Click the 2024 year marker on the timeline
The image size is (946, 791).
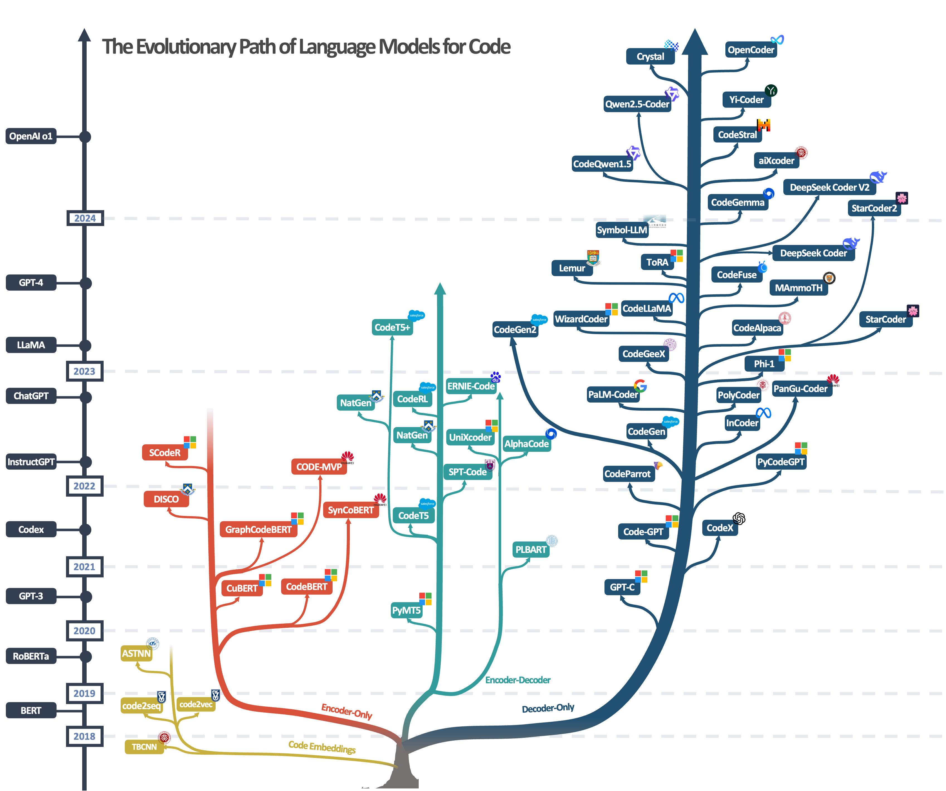pyautogui.click(x=85, y=218)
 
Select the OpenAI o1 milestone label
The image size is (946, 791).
pyautogui.click(x=31, y=136)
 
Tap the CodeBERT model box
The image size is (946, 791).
pyautogui.click(x=306, y=587)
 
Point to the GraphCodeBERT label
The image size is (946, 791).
pyautogui.click(x=258, y=530)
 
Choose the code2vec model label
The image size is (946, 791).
pyautogui.click(x=196, y=704)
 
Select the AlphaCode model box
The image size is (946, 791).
pyautogui.click(x=526, y=444)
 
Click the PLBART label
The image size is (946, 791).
pyautogui.click(x=531, y=550)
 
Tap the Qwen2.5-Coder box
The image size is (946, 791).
pyautogui.click(x=637, y=104)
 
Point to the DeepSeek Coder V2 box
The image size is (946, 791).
pyautogui.click(x=829, y=187)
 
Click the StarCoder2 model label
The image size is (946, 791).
pyautogui.click(x=874, y=208)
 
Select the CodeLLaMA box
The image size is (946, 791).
pyautogui.click(x=647, y=308)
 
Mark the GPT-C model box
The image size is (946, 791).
pyautogui.click(x=622, y=587)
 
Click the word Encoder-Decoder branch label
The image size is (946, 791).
pyautogui.click(x=518, y=680)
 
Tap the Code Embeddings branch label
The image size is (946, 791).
pyautogui.click(x=322, y=747)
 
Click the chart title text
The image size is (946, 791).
pyautogui.click(x=306, y=47)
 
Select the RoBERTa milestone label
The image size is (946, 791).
pyautogui.click(x=31, y=656)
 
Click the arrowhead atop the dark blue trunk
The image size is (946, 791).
pyautogui.click(x=695, y=41)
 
